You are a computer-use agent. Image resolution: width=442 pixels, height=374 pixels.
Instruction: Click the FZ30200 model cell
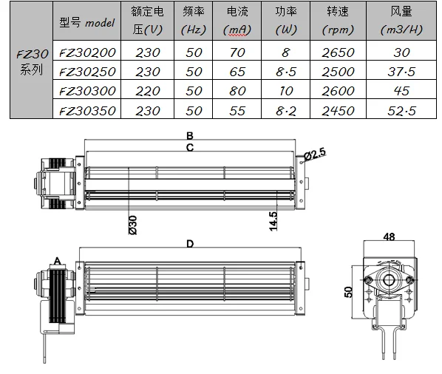point(87,52)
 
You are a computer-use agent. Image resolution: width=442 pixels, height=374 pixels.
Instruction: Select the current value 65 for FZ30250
point(237,72)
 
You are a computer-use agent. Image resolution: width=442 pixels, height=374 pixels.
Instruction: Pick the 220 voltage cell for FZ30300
point(148,91)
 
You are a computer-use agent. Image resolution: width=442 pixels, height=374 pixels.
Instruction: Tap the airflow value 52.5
point(401,111)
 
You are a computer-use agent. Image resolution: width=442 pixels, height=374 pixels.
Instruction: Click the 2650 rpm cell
point(338,52)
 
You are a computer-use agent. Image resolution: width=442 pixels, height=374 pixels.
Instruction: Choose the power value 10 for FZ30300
point(286,91)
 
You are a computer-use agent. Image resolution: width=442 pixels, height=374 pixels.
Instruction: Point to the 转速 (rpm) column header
point(338,21)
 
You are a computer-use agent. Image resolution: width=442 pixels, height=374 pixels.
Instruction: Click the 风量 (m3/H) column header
point(401,21)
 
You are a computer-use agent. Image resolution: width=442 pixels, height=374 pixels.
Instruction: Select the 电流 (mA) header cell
point(237,21)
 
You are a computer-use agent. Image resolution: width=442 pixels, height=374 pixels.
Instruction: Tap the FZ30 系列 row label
point(32,62)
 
